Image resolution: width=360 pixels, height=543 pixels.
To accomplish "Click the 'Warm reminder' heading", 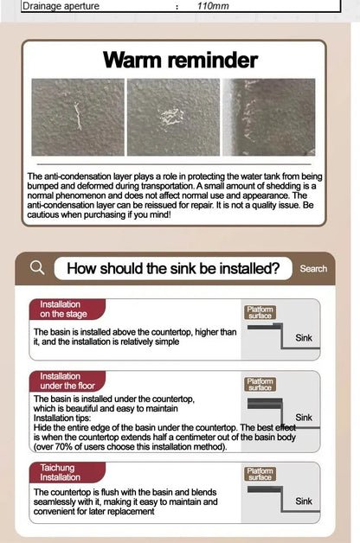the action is [180, 61].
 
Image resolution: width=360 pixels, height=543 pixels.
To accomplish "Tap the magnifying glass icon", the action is [37, 268].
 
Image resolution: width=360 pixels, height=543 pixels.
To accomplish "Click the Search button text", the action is [313, 269].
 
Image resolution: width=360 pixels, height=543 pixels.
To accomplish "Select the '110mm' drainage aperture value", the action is [213, 6].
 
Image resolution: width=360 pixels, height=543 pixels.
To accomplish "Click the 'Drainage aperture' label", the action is [61, 6].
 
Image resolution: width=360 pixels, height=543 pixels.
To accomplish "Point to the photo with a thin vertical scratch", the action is [78, 117].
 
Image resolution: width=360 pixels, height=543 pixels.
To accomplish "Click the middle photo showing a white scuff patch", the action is [173, 117].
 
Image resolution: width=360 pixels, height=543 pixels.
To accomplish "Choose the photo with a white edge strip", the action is [269, 117].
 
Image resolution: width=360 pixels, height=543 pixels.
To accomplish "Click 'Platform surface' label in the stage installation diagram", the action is [260, 312].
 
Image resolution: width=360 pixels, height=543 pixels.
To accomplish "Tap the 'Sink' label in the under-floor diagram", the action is [304, 418].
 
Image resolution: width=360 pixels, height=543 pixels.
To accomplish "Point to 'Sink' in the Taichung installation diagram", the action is [304, 501].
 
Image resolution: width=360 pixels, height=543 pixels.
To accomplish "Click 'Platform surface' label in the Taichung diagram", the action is [260, 474].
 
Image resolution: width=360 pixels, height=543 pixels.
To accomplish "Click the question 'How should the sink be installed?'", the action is [173, 269].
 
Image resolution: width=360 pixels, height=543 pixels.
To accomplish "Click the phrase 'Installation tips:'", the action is [62, 418].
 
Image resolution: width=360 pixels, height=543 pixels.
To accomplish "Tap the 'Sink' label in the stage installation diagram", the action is [304, 337].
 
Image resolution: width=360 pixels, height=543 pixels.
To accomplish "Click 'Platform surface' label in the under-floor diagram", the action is [260, 385].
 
